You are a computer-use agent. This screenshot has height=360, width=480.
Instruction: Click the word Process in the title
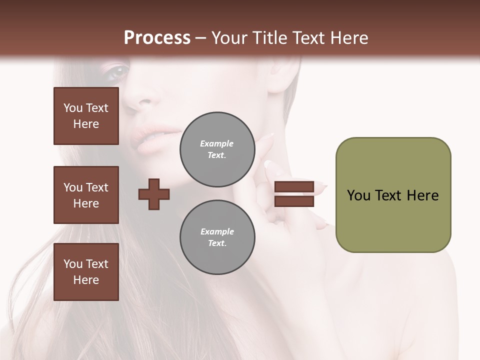pos(157,38)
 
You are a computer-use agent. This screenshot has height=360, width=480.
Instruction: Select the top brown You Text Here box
pos(86,116)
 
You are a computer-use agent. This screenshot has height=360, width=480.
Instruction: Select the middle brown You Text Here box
pos(86,195)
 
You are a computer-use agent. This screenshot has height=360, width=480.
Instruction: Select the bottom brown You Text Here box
pos(86,271)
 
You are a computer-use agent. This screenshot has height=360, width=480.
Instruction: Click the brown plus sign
pos(154,194)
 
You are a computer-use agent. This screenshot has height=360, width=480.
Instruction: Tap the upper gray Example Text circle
pos(217,149)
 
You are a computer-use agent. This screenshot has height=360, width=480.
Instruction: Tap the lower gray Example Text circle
pos(217,237)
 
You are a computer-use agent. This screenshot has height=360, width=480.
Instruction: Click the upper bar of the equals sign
pos(294,186)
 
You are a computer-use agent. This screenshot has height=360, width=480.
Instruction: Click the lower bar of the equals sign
pos(294,201)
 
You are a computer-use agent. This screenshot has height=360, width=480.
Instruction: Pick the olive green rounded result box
pos(393,195)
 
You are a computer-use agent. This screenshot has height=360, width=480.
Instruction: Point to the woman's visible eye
pos(118,73)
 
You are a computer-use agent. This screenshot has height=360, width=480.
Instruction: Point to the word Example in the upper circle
pos(217,143)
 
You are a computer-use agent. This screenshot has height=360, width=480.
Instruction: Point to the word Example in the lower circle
pos(217,231)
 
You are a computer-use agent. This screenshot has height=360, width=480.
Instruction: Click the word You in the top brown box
pos(72,108)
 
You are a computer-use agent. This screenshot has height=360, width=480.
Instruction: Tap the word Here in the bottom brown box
pos(86,280)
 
